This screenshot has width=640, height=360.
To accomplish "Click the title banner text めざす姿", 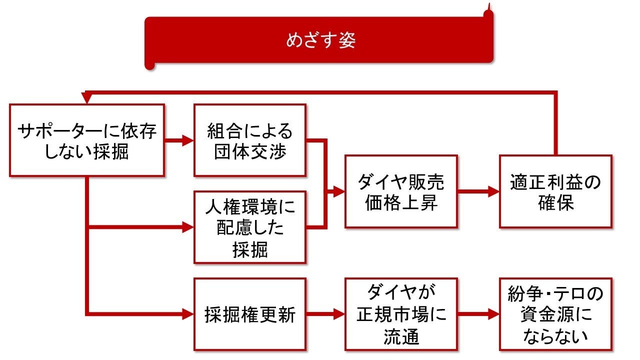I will click(x=320, y=40).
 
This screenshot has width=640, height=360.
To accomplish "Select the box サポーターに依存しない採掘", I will click(x=87, y=140).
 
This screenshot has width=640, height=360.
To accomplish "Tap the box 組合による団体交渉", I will click(x=249, y=140).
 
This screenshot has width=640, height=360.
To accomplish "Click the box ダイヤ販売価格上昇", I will click(x=401, y=191).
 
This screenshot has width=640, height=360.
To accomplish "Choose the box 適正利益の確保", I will click(x=555, y=191).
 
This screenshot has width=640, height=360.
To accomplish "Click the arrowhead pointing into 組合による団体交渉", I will click(x=188, y=140).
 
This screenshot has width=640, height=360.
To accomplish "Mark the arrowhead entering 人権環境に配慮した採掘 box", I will click(x=188, y=227).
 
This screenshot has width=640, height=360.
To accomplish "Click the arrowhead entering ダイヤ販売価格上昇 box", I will click(x=339, y=191).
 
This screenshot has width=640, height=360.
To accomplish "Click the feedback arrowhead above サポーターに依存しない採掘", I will click(x=87, y=99).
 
